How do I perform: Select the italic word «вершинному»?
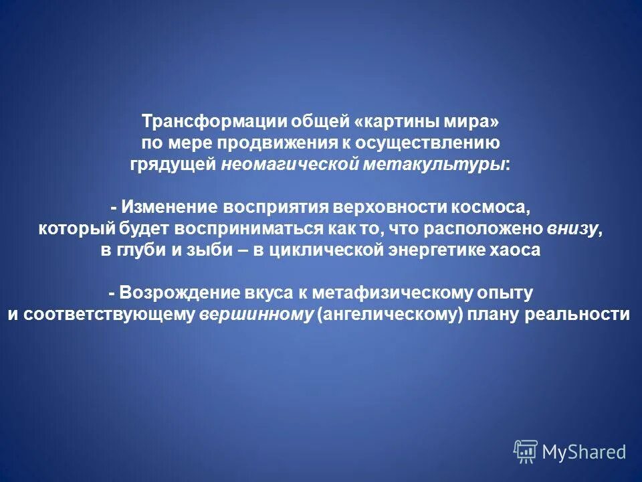click(x=256, y=314)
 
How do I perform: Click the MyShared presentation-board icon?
click(x=526, y=452)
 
